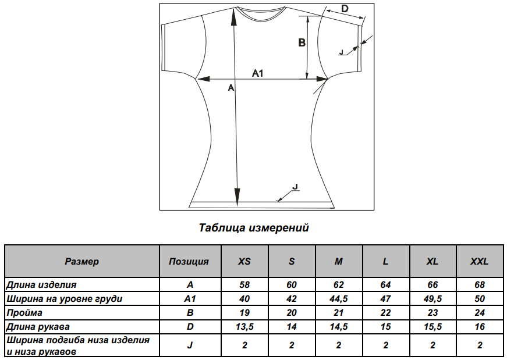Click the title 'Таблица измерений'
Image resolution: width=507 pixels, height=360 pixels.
tap(254, 228)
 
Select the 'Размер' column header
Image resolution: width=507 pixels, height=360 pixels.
tap(82, 262)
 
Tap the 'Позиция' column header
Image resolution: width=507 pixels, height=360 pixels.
tap(189, 262)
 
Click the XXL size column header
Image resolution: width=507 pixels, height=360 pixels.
tap(480, 262)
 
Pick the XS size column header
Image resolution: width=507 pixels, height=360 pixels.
tap(244, 262)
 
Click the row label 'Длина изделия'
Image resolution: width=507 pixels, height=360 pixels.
tap(41, 285)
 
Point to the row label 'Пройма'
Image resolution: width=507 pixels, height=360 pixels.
tap(24, 313)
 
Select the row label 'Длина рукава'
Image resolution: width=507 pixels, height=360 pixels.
tap(38, 327)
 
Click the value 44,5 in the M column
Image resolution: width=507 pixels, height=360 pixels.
tap(339, 299)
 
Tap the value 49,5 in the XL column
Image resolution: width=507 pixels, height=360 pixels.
tap(432, 299)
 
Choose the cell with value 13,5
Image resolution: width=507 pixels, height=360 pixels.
tap(244, 327)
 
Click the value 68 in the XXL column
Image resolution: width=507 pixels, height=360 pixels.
tap(480, 285)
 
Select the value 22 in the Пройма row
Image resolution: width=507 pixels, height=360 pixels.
tap(385, 313)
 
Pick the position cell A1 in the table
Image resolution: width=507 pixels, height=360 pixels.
tap(190, 299)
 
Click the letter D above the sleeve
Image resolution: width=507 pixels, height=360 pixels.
tap(345, 8)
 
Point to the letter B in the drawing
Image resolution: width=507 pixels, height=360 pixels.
tap(302, 42)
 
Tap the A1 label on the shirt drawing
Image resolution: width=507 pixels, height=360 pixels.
tap(258, 73)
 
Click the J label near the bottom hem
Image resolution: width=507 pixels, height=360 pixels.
tap(295, 187)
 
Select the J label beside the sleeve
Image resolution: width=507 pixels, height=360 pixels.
tap(341, 52)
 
